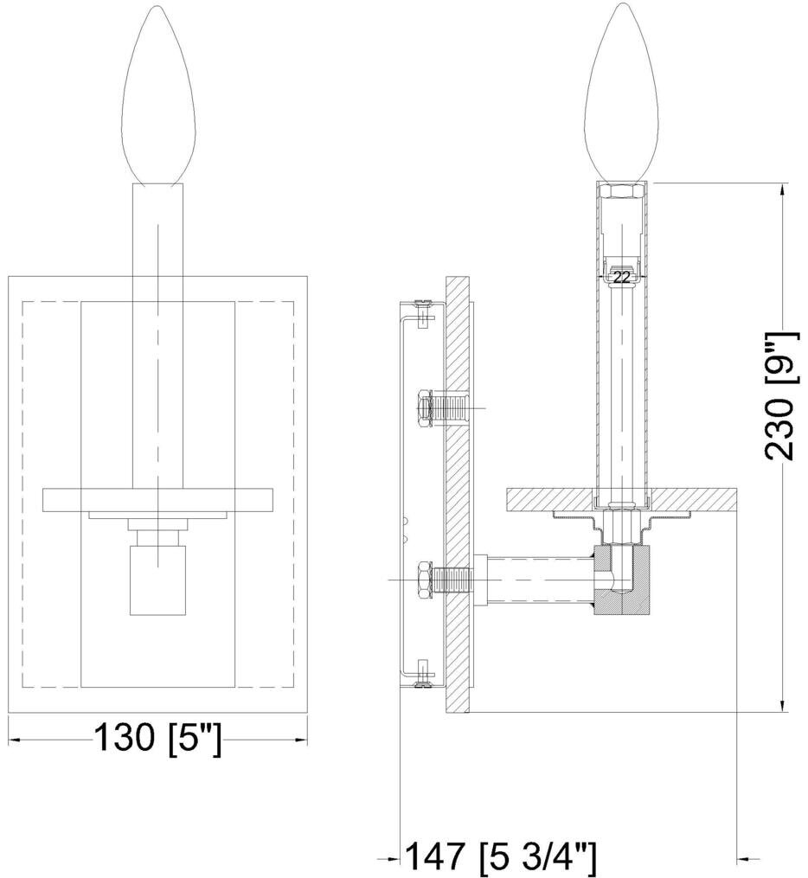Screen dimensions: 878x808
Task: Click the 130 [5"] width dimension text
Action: [157, 740]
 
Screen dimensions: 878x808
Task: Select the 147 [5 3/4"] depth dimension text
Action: [501, 859]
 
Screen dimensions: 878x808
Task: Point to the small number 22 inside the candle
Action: [621, 278]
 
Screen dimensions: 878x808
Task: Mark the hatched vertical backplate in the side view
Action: [457, 495]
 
